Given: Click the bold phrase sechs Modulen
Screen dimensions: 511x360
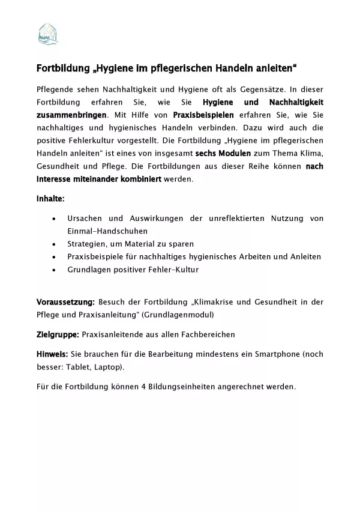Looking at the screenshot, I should point(223,153).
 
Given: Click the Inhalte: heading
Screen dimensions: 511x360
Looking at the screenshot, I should point(50,198).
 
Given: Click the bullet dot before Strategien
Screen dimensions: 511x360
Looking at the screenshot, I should point(55,244).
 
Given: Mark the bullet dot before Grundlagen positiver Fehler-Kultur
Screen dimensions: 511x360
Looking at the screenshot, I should point(55,270).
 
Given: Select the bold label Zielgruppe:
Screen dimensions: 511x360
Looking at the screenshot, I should point(58,334).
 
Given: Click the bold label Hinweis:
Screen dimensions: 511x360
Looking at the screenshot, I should point(52,354).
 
